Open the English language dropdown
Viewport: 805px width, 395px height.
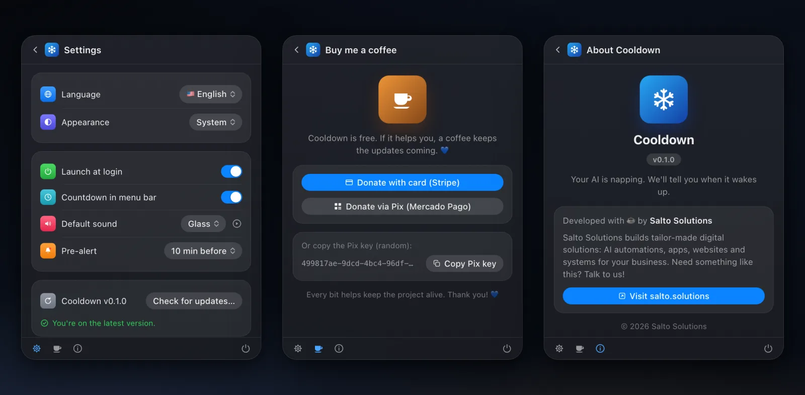pos(211,94)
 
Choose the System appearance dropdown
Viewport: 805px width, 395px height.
pos(216,122)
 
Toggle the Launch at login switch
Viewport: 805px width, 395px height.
pos(231,172)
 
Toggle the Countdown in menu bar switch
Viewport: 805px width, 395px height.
pos(231,197)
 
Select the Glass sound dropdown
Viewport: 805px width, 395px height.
pos(203,224)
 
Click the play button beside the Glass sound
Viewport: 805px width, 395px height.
pos(237,224)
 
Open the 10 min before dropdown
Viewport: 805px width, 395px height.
pos(203,251)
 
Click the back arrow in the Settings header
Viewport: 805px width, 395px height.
pos(35,50)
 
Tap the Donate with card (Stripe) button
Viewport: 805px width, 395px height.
pos(403,182)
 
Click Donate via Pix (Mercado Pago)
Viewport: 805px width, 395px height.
pos(403,207)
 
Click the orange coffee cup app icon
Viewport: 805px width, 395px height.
pos(403,100)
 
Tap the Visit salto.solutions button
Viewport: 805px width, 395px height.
pos(664,296)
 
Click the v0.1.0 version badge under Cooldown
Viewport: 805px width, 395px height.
pos(664,159)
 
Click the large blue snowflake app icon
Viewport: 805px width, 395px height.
pos(664,100)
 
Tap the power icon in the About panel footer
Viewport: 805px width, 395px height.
pos(768,348)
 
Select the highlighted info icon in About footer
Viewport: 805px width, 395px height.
pos(600,348)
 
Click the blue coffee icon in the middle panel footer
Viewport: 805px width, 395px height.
pos(318,349)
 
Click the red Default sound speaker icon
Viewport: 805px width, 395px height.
pos(48,224)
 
